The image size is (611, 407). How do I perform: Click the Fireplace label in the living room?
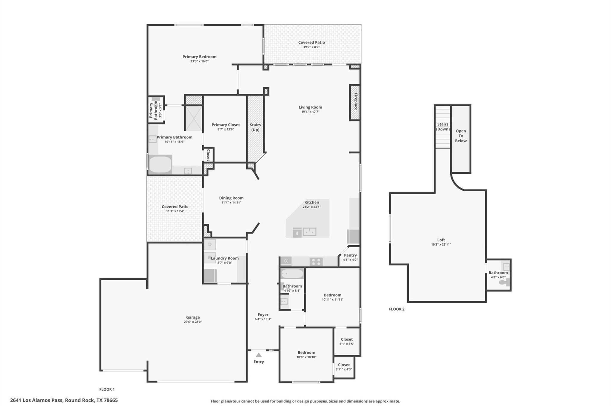(x=356, y=102)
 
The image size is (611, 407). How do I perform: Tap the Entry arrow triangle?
(x=259, y=355)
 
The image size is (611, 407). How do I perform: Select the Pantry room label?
(x=350, y=255)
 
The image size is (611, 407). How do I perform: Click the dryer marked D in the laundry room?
(x=210, y=245)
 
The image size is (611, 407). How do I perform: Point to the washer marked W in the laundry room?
(x=210, y=257)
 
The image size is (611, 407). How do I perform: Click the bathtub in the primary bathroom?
(x=160, y=164)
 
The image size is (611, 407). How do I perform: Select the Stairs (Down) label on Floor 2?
(x=443, y=127)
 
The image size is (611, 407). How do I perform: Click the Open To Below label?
(x=461, y=136)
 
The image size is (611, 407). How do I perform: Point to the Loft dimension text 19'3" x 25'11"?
(x=441, y=244)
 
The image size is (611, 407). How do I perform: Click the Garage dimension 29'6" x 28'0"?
(x=193, y=322)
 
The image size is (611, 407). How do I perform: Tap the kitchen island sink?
(x=309, y=232)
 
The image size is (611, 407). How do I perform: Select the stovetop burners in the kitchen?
(x=316, y=262)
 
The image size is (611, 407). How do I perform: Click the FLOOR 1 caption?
(x=107, y=389)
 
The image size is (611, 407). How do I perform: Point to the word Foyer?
(x=263, y=314)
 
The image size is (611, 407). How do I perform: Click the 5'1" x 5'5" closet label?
(x=347, y=344)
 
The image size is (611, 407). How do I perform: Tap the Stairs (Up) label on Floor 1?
(x=255, y=127)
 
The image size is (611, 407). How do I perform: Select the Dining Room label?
(x=231, y=198)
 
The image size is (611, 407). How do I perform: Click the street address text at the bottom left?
(x=64, y=400)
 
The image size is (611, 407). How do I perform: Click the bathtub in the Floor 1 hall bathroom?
(x=292, y=273)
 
